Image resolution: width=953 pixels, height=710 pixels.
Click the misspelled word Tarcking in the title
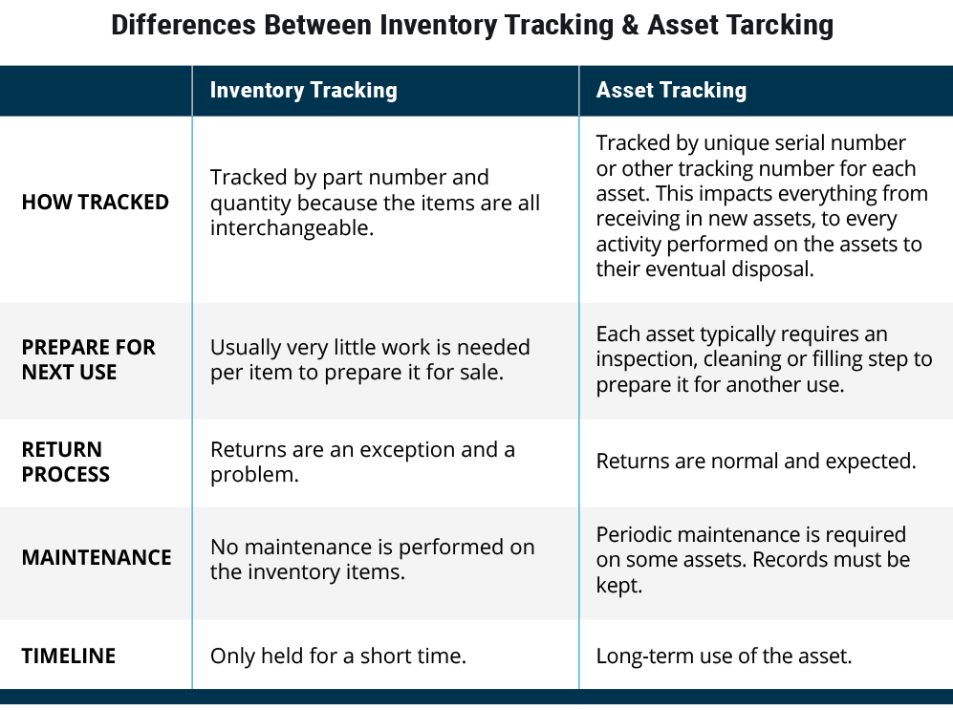coord(779,26)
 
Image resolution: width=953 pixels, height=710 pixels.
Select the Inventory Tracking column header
coord(303,90)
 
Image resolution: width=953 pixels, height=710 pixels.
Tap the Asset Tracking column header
coord(671,90)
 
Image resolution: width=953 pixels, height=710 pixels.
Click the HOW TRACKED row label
coord(96,202)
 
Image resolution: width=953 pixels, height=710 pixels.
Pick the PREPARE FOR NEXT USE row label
coord(89,359)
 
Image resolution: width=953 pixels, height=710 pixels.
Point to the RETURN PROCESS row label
coord(66,462)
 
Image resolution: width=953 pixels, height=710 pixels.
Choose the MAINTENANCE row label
coord(97,557)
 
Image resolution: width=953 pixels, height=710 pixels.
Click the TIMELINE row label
coord(69,656)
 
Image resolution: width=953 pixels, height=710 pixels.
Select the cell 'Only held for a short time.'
coord(338,656)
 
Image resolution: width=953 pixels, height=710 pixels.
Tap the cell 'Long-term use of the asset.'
coord(724,656)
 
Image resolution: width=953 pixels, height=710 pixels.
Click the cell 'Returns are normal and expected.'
coord(756,461)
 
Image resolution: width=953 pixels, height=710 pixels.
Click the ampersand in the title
coord(630,26)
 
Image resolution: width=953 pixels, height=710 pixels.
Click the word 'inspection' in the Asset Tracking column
coord(645,359)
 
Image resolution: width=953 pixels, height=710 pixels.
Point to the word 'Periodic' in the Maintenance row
coord(634,534)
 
